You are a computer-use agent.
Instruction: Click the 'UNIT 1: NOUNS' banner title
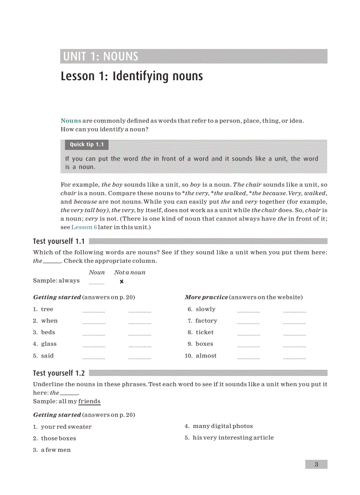pos(101,56)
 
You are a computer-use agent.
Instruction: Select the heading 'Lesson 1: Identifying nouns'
pos(131,76)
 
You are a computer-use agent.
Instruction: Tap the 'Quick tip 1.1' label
pos(86,145)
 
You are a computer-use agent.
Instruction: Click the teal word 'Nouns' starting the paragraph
pos(71,121)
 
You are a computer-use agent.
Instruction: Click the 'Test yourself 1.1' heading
pos(59,241)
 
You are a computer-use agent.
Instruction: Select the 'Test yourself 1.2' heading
pos(59,373)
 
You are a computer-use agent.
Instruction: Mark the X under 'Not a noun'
pos(122,282)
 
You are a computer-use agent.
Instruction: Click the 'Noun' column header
pos(97,272)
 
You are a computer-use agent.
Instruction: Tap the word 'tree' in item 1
pos(47,309)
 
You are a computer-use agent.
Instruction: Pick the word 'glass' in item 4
pos(49,344)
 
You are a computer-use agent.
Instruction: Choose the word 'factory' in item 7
pos(206,321)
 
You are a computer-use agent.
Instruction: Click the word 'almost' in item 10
pos(206,356)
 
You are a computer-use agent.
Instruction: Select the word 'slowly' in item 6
pos(206,309)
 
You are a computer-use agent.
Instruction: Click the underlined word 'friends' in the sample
pos(89,402)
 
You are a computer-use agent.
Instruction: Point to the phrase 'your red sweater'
pos(66,427)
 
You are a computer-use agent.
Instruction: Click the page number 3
pos(316,464)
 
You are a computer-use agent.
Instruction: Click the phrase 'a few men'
pos(56,450)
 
